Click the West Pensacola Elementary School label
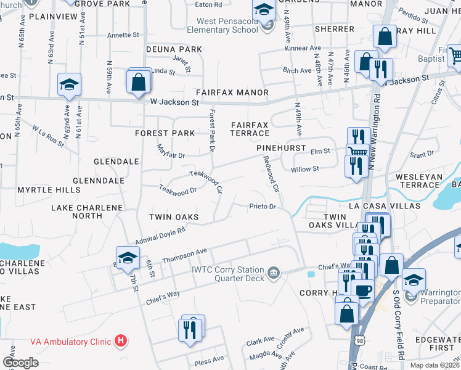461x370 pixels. (222, 25)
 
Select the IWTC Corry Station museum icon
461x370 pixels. (274, 271)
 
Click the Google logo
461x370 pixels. (20, 363)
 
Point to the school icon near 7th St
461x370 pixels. (127, 258)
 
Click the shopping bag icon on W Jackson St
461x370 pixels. (139, 80)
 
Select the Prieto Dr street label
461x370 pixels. (262, 206)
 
